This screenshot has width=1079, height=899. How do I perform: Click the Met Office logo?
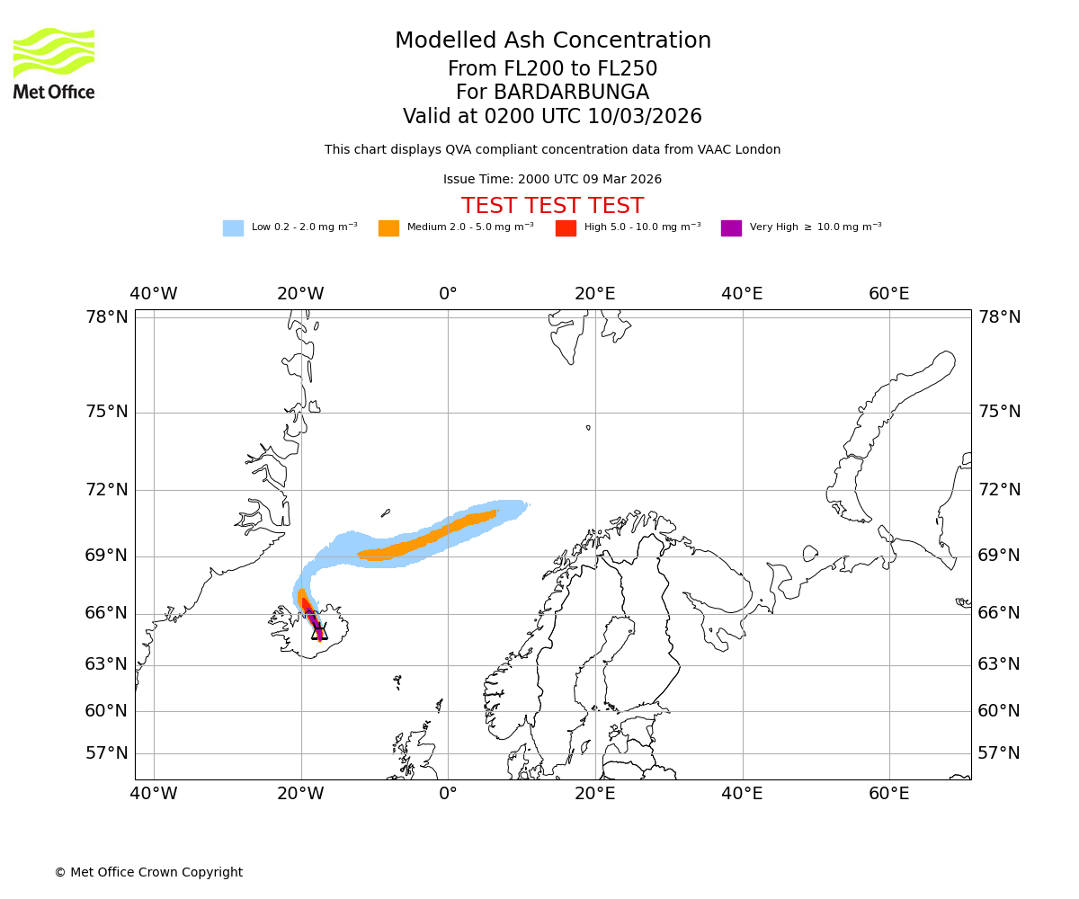(x=54, y=63)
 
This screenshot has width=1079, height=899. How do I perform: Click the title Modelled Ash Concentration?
(x=553, y=40)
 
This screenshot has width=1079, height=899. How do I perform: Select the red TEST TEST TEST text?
(x=552, y=206)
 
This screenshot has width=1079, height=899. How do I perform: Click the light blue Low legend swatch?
(x=233, y=227)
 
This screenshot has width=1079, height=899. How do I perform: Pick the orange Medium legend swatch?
(x=388, y=227)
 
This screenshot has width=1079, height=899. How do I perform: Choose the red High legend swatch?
(x=566, y=227)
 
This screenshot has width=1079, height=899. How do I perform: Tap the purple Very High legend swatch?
(x=731, y=227)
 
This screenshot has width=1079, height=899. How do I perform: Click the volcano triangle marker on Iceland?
(x=319, y=632)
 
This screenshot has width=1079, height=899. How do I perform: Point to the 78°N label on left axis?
(x=107, y=316)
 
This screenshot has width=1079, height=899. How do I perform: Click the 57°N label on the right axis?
(x=999, y=752)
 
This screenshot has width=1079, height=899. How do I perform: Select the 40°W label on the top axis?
(x=154, y=294)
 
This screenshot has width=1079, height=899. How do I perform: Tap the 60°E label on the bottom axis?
(x=888, y=794)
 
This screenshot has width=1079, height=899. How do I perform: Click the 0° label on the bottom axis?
(x=448, y=794)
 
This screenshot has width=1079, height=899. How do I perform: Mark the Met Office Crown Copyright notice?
(x=148, y=872)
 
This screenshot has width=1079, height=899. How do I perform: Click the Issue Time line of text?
(x=552, y=179)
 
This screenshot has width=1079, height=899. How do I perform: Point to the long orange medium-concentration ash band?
(x=427, y=539)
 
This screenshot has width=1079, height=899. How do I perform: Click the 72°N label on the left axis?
(x=107, y=489)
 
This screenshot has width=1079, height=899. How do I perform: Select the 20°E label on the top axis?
(x=595, y=294)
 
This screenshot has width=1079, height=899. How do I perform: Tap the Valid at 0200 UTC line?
(x=552, y=117)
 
